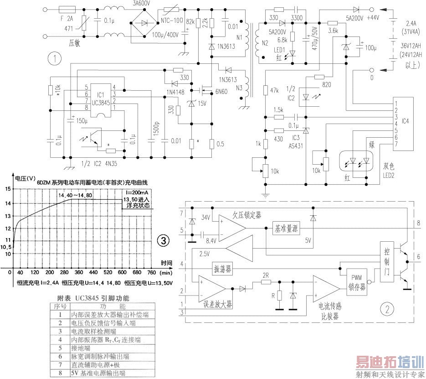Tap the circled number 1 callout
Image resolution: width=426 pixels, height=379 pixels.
(55, 58)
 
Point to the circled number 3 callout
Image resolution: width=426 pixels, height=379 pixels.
(163, 240)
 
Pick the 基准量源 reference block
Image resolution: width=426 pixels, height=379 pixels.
(286, 228)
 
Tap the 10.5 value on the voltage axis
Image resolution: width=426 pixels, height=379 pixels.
(6, 248)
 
